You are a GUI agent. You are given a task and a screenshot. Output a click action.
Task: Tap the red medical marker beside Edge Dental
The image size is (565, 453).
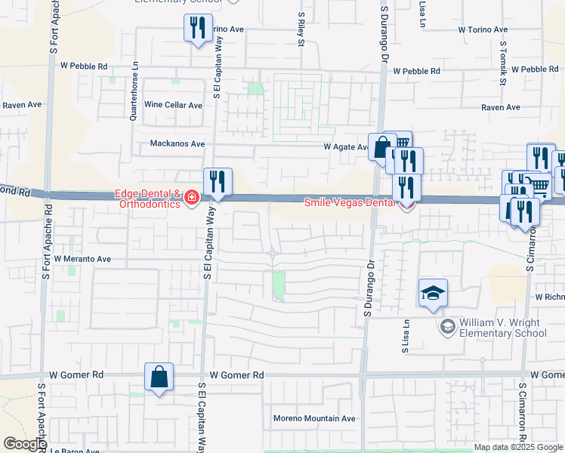(192, 199)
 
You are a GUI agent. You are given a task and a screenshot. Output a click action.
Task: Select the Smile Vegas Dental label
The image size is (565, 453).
(349, 202)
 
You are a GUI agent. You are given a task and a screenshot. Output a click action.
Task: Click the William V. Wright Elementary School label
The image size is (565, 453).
(502, 327)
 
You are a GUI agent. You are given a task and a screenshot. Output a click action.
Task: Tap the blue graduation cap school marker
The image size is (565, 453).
(433, 294)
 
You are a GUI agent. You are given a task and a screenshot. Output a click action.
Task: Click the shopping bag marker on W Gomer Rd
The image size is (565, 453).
(159, 377)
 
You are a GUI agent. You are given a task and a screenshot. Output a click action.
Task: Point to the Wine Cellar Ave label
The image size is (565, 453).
(174, 105)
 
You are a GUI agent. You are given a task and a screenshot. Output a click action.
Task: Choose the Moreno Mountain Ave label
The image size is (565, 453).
(314, 418)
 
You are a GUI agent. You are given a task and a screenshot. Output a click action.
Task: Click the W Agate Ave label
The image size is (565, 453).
(345, 147)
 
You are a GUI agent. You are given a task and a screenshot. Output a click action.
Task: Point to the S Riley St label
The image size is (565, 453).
(301, 29)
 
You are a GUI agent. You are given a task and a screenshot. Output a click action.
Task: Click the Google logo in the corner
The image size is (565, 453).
(25, 444)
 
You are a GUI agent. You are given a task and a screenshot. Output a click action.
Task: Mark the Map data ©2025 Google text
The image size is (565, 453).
(518, 447)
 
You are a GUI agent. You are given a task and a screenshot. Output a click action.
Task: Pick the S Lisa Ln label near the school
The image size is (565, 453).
(406, 337)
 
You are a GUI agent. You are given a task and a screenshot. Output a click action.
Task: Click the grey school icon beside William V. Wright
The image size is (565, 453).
(447, 327)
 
